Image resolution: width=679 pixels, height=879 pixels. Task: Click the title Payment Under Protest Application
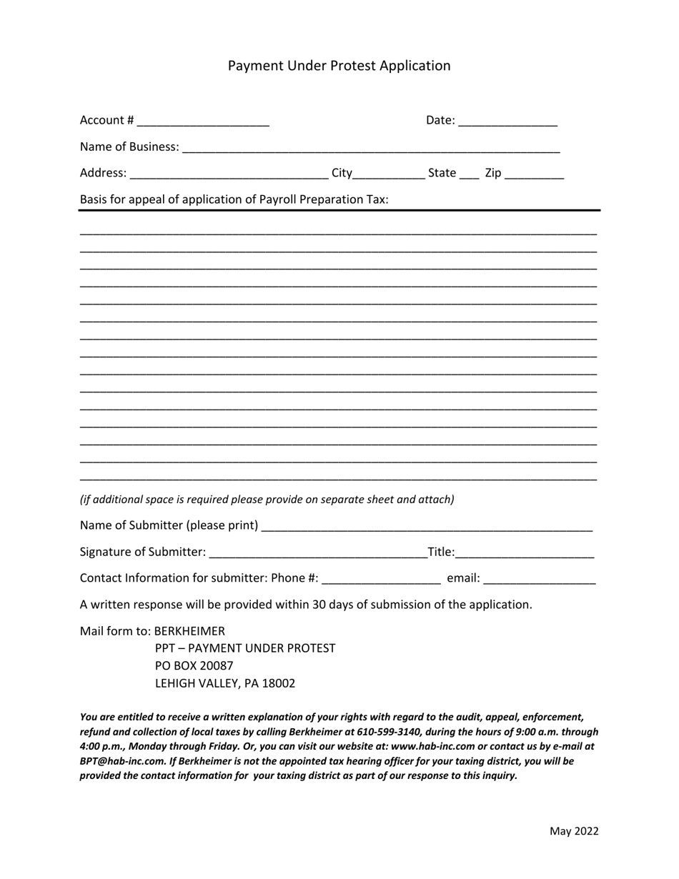pyautogui.click(x=339, y=66)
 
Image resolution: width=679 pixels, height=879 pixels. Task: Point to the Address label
pyautogui.click(x=103, y=173)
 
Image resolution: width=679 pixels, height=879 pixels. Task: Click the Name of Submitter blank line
pyautogui.click(x=427, y=527)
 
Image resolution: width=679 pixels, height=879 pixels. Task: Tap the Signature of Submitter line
pyautogui.click(x=317, y=553)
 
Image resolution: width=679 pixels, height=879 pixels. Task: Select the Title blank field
pyautogui.click(x=524, y=553)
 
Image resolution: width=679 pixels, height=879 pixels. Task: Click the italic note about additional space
pyautogui.click(x=267, y=500)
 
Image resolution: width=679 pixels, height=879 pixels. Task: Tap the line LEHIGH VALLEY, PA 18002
pyautogui.click(x=224, y=684)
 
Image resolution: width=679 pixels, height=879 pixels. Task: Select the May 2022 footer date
pyautogui.click(x=573, y=831)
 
